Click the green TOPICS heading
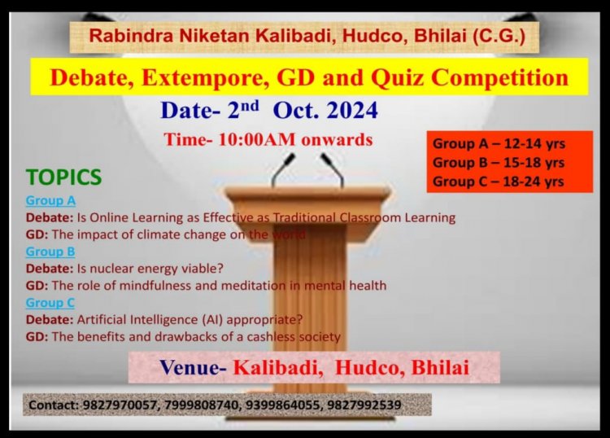pos(63,177)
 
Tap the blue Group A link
pos(50,200)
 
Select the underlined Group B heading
pos(50,252)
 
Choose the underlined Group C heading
pos(50,303)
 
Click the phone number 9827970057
pos(120,405)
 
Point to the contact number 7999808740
pos(201,405)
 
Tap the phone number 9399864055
pos(282,405)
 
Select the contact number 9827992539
pos(364,405)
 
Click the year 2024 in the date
pos(352,110)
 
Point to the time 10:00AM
pos(257,139)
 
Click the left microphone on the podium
pos(284,169)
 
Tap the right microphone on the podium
pos(332,169)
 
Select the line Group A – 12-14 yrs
pos(499,143)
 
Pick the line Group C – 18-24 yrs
pos(499,182)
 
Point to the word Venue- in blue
pos(193,367)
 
